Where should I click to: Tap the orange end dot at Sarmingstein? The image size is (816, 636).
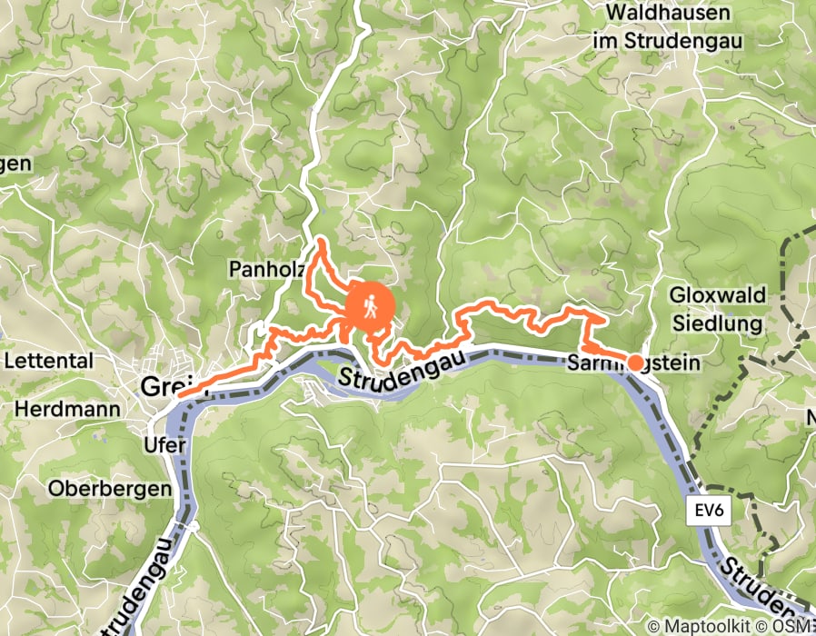[636, 363]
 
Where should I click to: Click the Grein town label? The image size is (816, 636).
[161, 387]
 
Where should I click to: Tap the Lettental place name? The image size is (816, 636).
[49, 361]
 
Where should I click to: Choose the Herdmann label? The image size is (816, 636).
[67, 409]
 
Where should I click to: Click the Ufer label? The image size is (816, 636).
[165, 445]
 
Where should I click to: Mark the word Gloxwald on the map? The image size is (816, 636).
[718, 295]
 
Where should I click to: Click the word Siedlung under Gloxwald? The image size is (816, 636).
[718, 323]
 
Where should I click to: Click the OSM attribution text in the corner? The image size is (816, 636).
[792, 626]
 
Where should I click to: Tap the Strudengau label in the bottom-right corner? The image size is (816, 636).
[768, 586]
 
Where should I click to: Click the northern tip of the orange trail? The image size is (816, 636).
[320, 243]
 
